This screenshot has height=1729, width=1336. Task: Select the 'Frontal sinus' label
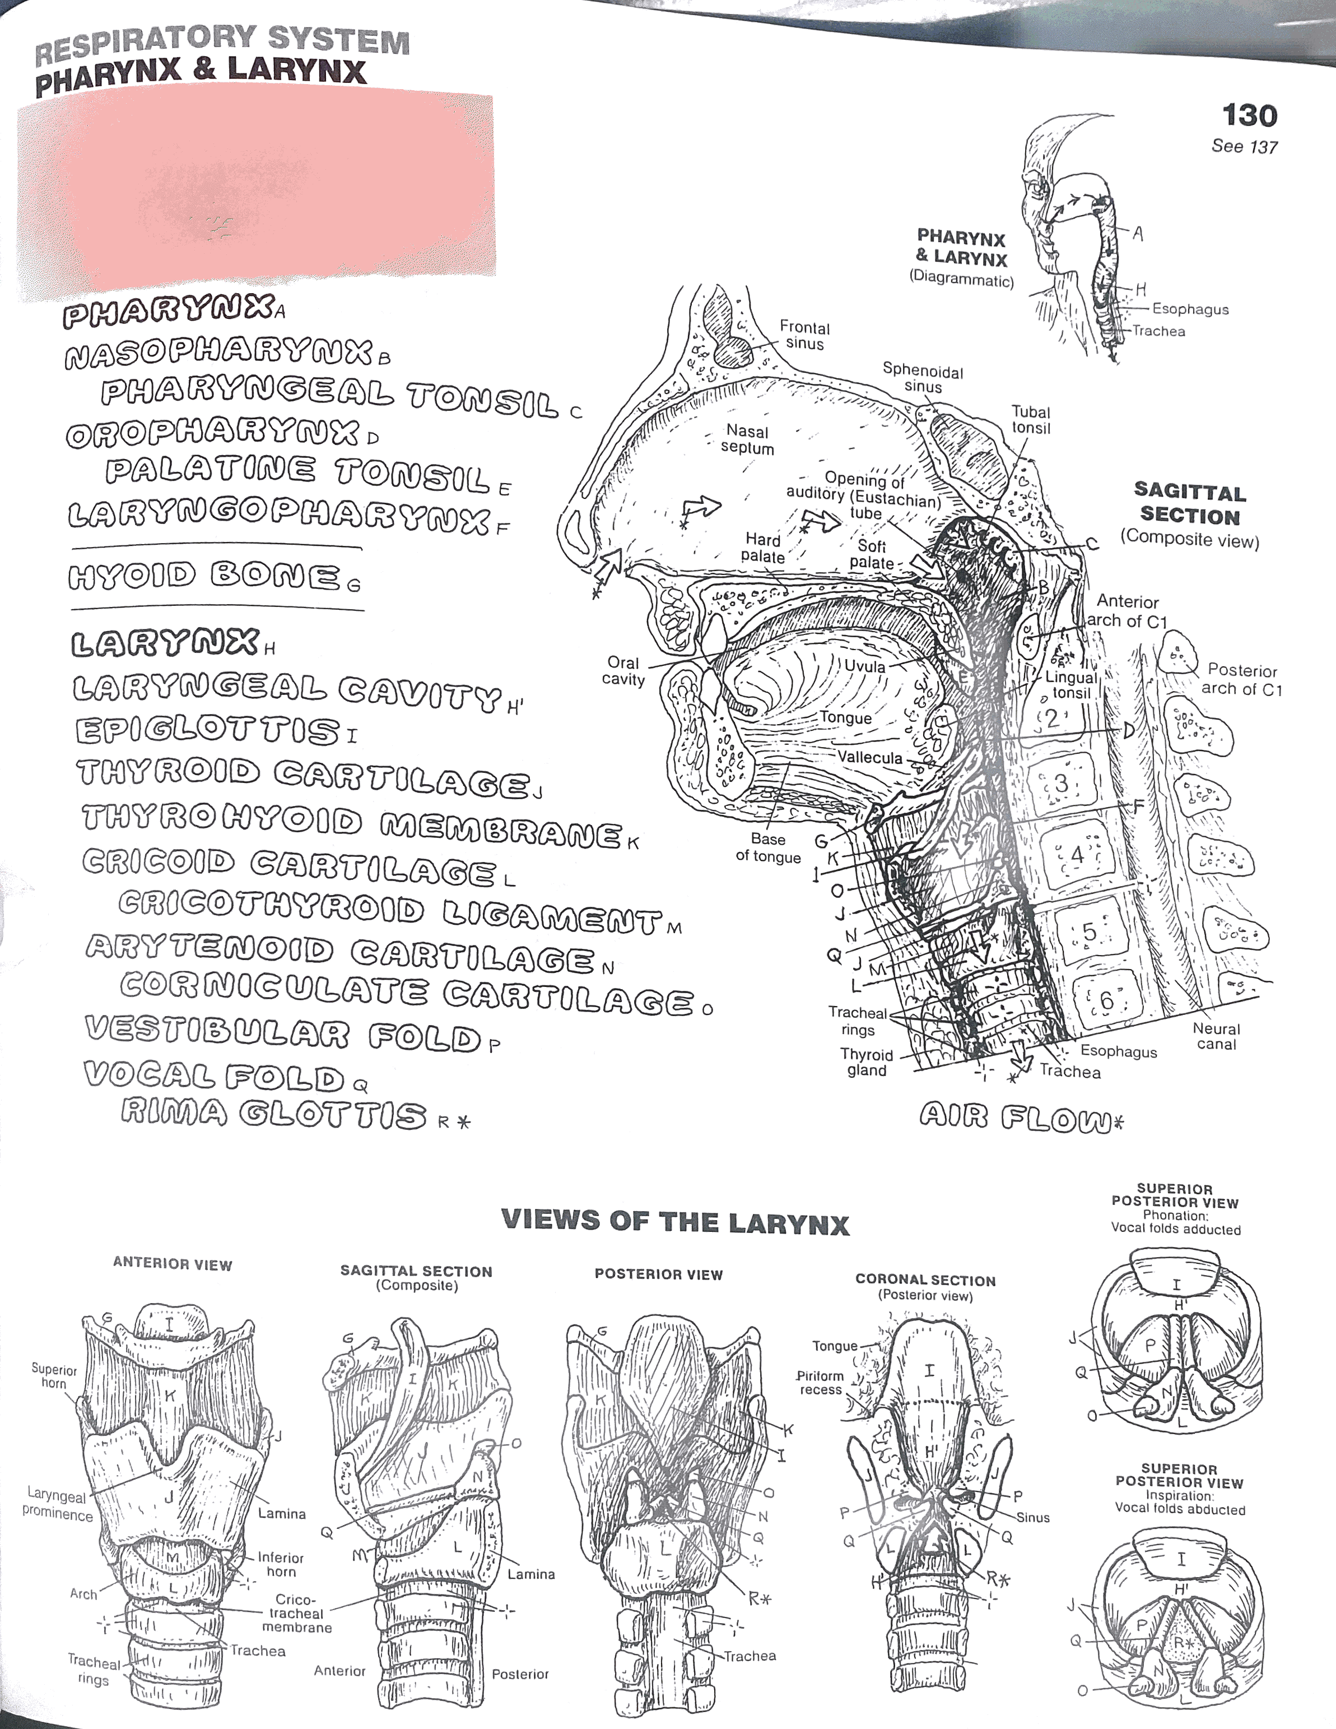[x=804, y=336]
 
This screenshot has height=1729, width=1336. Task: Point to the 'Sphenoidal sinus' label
[x=923, y=378]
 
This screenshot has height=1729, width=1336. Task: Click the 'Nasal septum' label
[x=747, y=439]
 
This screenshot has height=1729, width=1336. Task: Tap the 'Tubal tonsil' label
[x=1031, y=420]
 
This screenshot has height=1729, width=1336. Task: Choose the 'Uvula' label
[x=864, y=666]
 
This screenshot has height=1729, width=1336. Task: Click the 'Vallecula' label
[x=871, y=758]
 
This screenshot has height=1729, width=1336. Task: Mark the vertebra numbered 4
[x=1077, y=856]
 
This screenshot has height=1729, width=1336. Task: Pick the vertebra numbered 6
[x=1106, y=1000]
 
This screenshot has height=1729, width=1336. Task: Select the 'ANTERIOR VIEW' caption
[x=173, y=1265]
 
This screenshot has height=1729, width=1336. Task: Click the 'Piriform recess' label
[x=820, y=1382]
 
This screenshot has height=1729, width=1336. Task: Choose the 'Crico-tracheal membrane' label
[x=297, y=1614]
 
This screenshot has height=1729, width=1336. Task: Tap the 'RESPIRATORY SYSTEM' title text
[x=222, y=44]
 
